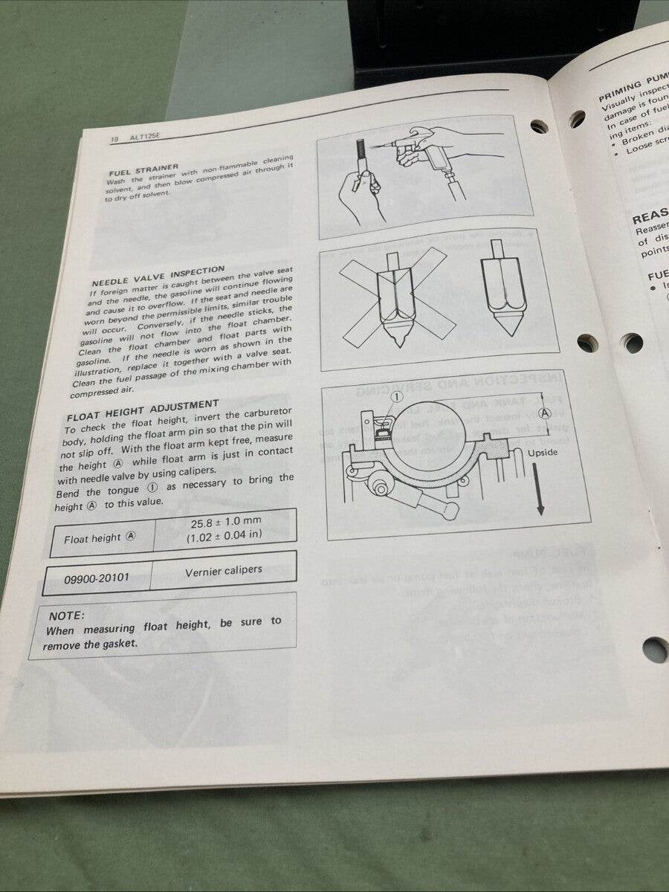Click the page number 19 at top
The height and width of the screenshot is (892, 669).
(x=114, y=139)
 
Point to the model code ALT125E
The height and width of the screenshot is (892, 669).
(x=146, y=137)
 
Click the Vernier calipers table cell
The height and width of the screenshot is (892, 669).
(x=223, y=570)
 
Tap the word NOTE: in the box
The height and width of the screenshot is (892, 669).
(x=67, y=615)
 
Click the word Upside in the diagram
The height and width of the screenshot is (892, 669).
(x=542, y=453)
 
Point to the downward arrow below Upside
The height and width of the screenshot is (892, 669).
(x=540, y=491)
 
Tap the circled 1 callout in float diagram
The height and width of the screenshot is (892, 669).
(x=395, y=397)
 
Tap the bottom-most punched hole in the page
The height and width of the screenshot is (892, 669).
(x=654, y=650)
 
